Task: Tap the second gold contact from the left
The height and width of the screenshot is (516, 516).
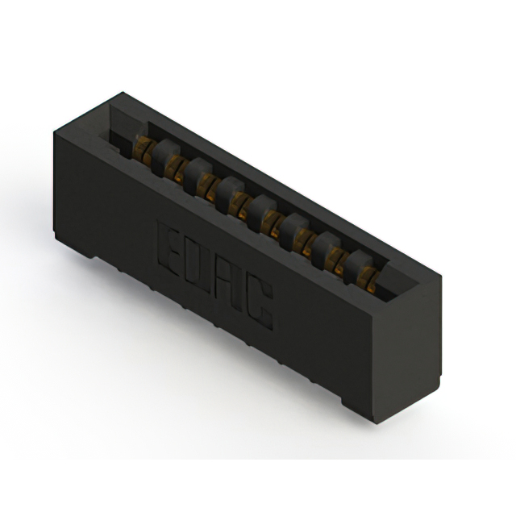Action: [x=174, y=169]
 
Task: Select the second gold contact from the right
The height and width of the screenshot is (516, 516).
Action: [x=337, y=261]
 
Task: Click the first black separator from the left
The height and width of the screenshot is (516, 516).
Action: [x=164, y=156]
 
